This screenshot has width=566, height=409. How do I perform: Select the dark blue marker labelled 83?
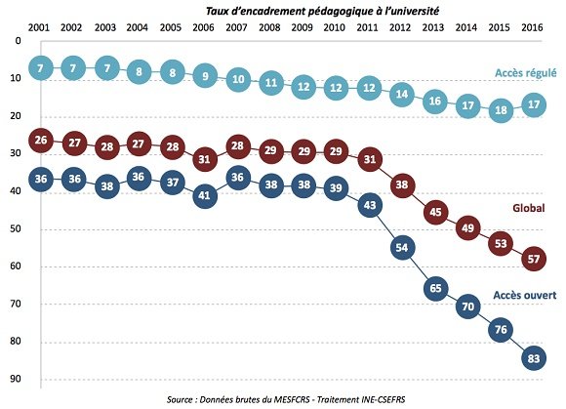coord(533,357)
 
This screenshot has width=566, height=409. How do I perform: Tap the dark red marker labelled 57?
coord(533,259)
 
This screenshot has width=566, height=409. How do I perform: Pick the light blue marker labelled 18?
coord(501,110)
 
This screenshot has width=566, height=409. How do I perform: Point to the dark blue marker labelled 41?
coord(204,195)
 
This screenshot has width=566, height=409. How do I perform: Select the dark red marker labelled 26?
coord(40,141)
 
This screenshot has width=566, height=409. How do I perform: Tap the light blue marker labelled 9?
coord(204,74)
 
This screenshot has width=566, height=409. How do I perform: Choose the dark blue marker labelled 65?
coord(434,289)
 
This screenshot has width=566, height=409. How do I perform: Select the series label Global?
coord(529,208)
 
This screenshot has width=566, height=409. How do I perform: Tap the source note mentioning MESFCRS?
coord(285,398)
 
